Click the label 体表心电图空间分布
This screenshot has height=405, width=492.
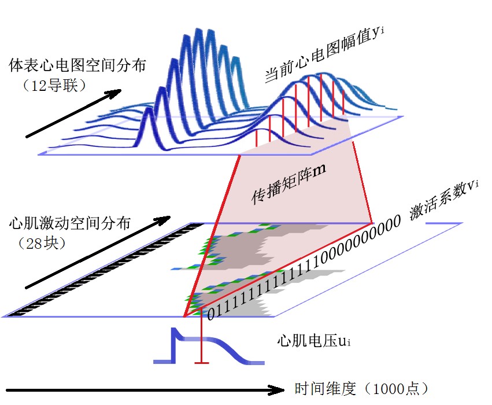click(77, 65)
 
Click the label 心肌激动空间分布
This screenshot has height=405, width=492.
click(70, 223)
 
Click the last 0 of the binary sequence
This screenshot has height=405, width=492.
click(396, 223)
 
